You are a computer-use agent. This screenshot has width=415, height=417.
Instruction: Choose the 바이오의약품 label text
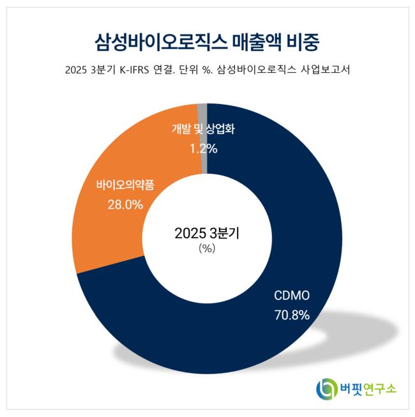coord(125,186)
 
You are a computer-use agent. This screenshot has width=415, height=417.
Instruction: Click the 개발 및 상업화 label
coord(204,130)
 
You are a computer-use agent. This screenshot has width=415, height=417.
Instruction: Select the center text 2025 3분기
coord(206,233)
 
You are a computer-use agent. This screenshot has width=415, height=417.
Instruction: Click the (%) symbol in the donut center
coord(207,249)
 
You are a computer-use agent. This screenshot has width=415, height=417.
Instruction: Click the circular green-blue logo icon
coord(327,387)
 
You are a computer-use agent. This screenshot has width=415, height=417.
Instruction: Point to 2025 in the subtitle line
coord(78,70)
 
